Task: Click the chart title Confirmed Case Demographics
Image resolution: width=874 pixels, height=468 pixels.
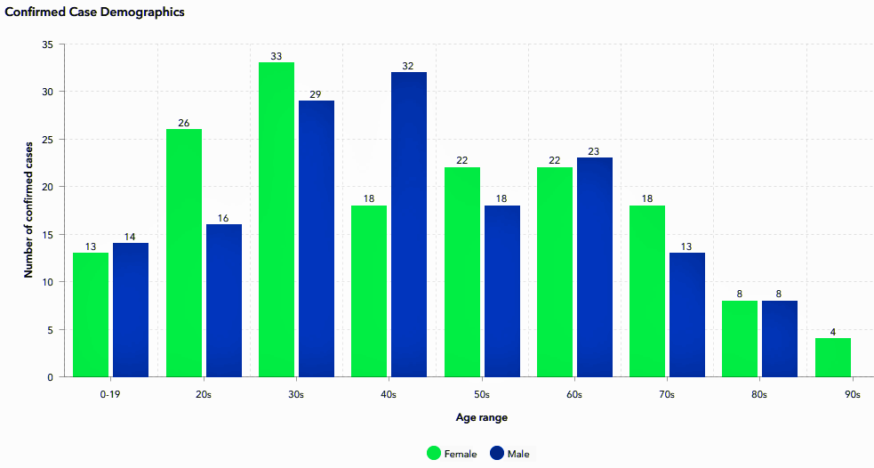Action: (95, 12)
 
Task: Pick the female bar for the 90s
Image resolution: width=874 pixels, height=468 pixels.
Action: (833, 357)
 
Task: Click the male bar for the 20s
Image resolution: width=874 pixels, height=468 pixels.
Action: (224, 301)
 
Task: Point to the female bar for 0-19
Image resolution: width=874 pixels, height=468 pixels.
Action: (91, 315)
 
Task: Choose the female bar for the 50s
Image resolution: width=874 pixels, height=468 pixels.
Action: (462, 272)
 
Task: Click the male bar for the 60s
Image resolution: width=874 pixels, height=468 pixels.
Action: (595, 267)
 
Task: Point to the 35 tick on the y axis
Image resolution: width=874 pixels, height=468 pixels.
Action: (47, 44)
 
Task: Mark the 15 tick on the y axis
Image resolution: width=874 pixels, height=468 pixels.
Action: (47, 234)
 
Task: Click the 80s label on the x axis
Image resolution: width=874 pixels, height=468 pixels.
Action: (758, 394)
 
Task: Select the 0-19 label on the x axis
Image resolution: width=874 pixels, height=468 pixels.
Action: (110, 394)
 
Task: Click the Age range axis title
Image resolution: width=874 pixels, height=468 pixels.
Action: (482, 417)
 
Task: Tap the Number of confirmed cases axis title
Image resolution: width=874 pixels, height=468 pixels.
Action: (28, 210)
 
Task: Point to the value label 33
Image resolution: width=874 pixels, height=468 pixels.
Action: (277, 56)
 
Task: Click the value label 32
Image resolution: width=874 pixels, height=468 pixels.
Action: (408, 66)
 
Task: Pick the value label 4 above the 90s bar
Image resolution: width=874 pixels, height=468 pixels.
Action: (833, 332)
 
